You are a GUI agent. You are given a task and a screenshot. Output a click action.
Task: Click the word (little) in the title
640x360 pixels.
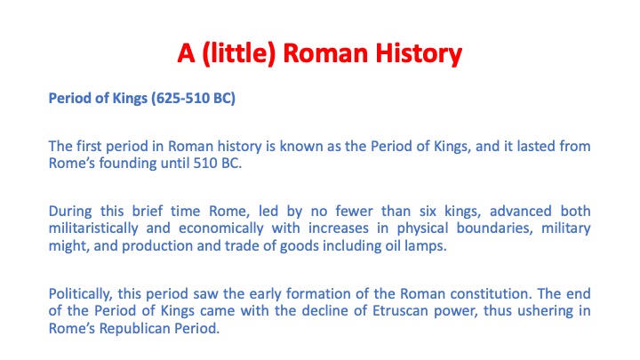pos(239,53)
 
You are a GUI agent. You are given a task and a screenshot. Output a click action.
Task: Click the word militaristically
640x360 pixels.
pos(93,228)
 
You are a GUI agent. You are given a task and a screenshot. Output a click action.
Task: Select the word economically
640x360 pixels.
pos(221,228)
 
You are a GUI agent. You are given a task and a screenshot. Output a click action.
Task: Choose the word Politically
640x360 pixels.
pos(80,294)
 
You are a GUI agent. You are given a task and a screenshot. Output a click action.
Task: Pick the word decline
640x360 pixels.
pos(325,310)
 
